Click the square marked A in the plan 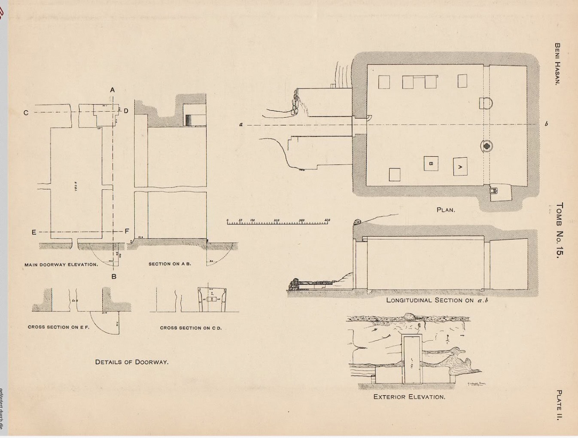pyautogui.click(x=460, y=167)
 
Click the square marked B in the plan pyautogui.click(x=431, y=163)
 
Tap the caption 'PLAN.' pyautogui.click(x=446, y=210)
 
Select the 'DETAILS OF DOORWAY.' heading pyautogui.click(x=132, y=362)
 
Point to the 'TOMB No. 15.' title pyautogui.click(x=559, y=230)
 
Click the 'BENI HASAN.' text pyautogui.click(x=557, y=64)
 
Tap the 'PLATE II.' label pyautogui.click(x=559, y=405)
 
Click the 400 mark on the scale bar pyautogui.click(x=328, y=220)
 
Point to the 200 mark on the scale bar pyautogui.click(x=277, y=220)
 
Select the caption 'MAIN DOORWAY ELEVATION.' pyautogui.click(x=61, y=265)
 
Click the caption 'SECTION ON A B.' pyautogui.click(x=170, y=264)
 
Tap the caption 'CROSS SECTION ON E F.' pyautogui.click(x=58, y=327)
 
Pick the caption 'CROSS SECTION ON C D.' pyautogui.click(x=191, y=328)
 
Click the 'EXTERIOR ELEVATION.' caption pyautogui.click(x=409, y=397)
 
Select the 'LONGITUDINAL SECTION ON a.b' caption pyautogui.click(x=437, y=300)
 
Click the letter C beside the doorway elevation pyautogui.click(x=26, y=113)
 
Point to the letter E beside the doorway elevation pyautogui.click(x=34, y=232)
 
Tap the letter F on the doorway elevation pyautogui.click(x=127, y=231)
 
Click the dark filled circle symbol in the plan pyautogui.click(x=487, y=146)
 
